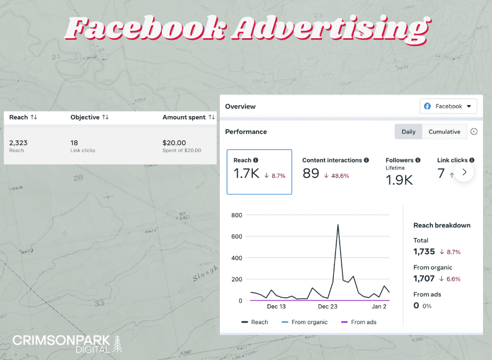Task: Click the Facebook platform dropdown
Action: [449, 106]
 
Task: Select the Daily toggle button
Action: [408, 132]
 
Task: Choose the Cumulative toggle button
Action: [444, 132]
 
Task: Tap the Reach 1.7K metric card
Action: [259, 172]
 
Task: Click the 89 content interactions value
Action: [311, 174]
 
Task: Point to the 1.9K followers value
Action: [399, 181]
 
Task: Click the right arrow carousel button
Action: [464, 172]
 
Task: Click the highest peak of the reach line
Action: [338, 225]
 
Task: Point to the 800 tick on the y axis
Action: [237, 215]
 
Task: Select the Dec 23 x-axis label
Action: [328, 307]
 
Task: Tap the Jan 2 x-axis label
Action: [379, 307]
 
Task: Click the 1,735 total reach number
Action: [424, 252]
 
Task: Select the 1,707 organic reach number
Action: [424, 279]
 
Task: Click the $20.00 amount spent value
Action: [174, 143]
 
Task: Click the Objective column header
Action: [85, 117]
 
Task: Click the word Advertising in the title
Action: [330, 29]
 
